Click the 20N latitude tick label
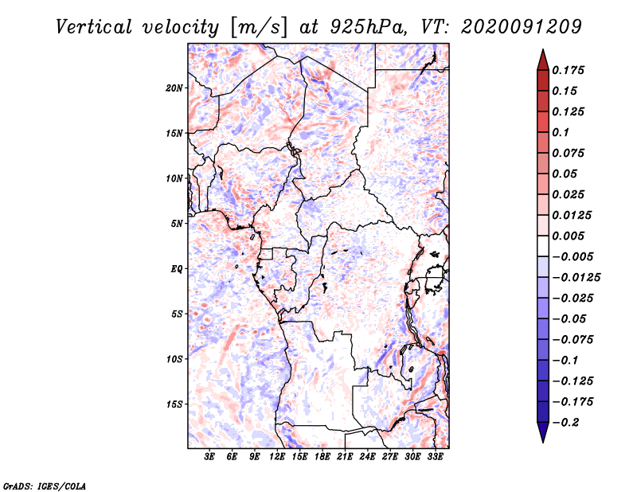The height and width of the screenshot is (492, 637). tap(175, 88)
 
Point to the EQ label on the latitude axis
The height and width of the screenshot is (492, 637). tap(177, 269)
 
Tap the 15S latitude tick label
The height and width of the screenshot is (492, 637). tap(175, 404)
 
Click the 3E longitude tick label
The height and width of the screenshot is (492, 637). tap(210, 456)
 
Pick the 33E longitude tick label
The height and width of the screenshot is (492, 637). tap(435, 456)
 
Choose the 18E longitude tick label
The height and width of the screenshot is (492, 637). tap(322, 456)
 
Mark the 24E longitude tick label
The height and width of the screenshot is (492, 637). tap(367, 456)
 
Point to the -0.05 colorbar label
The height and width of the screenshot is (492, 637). tap(571, 318)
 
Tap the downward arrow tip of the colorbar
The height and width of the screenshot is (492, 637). tap(542, 440)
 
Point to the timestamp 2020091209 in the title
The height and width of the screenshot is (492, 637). tap(510, 27)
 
